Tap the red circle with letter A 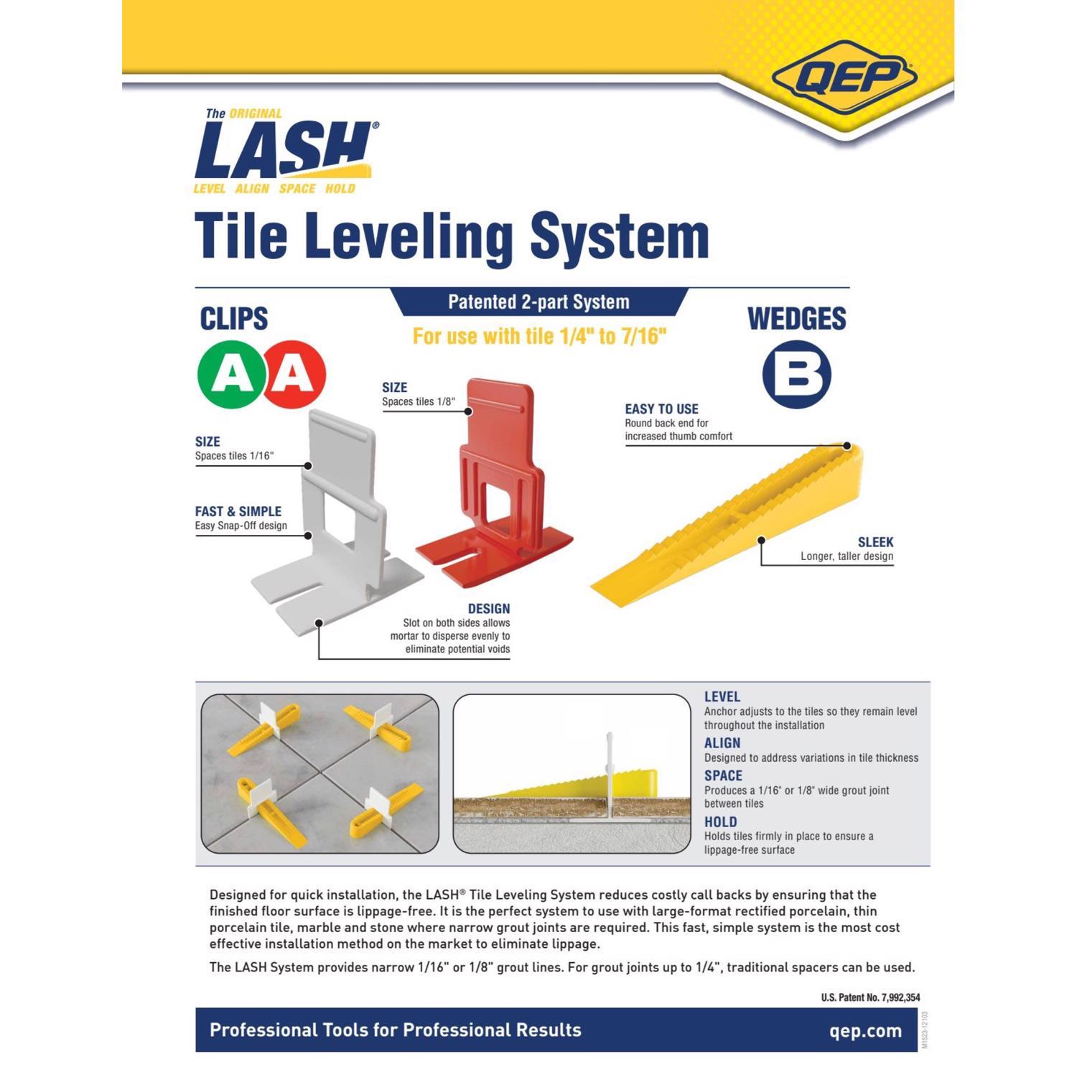click(294, 375)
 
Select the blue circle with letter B click(796, 375)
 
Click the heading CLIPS click(233, 320)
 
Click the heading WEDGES click(797, 320)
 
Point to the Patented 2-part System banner click(538, 302)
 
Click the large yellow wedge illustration click(732, 524)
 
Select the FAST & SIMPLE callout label click(238, 511)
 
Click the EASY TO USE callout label click(661, 409)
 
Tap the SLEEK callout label click(875, 542)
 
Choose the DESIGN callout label click(488, 609)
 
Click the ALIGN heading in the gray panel click(722, 743)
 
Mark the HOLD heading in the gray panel click(720, 822)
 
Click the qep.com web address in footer click(865, 1031)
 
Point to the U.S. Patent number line click(870, 997)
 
